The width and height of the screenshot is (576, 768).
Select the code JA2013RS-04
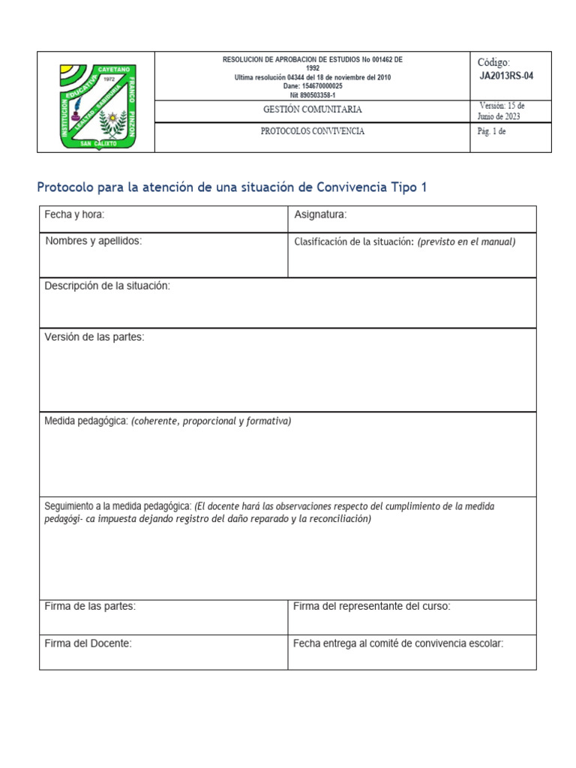coord(507,76)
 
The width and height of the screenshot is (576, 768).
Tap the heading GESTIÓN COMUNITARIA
coord(312,109)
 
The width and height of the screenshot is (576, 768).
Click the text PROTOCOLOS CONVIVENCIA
coord(312,131)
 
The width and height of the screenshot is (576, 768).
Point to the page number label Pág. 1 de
coord(492,131)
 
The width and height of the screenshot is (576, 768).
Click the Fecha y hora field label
coord(74,215)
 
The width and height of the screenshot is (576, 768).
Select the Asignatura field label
coord(320,215)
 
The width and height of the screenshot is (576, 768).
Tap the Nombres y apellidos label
coord(94,241)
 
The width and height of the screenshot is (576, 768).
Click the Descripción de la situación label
coord(107,286)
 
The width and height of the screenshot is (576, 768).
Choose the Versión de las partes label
coord(94,337)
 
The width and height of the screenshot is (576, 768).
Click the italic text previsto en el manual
coord(466,241)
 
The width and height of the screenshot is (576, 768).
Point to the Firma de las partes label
coord(90,606)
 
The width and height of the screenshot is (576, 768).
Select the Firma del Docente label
coord(88,643)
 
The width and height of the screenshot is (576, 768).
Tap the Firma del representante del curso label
coord(371,606)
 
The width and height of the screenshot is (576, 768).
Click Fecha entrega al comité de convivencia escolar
coord(397,643)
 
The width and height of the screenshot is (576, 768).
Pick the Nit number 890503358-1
coord(312,95)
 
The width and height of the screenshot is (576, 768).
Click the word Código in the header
coord(493,63)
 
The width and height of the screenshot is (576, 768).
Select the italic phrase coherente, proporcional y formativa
coord(211,421)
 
